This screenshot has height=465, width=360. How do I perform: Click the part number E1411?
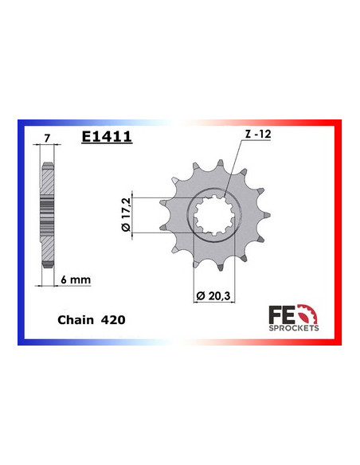click(x=107, y=137)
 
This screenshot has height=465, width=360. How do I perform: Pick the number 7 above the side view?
click(x=47, y=138)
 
